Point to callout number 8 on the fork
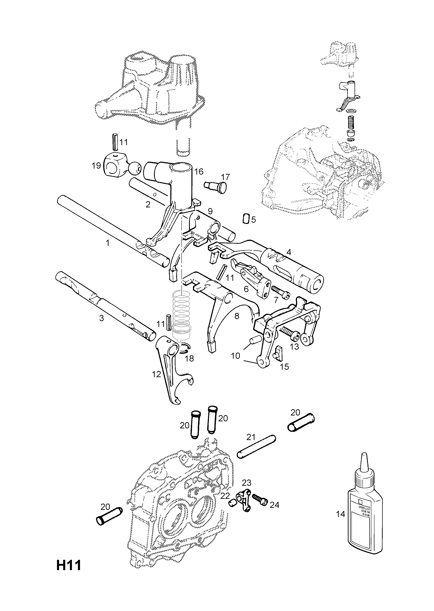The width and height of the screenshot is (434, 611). [x=237, y=316]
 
